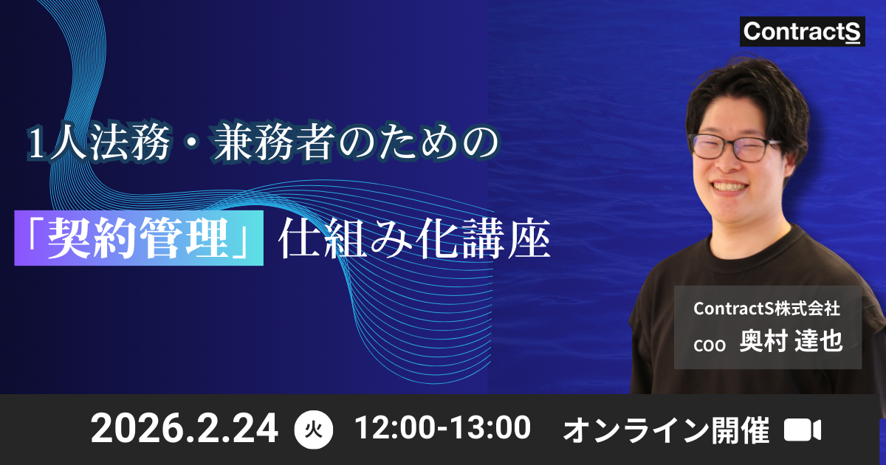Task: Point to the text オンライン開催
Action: (x=666, y=430)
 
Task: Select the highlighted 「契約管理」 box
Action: (x=139, y=238)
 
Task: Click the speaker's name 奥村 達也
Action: (x=791, y=342)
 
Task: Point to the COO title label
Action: (x=712, y=345)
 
